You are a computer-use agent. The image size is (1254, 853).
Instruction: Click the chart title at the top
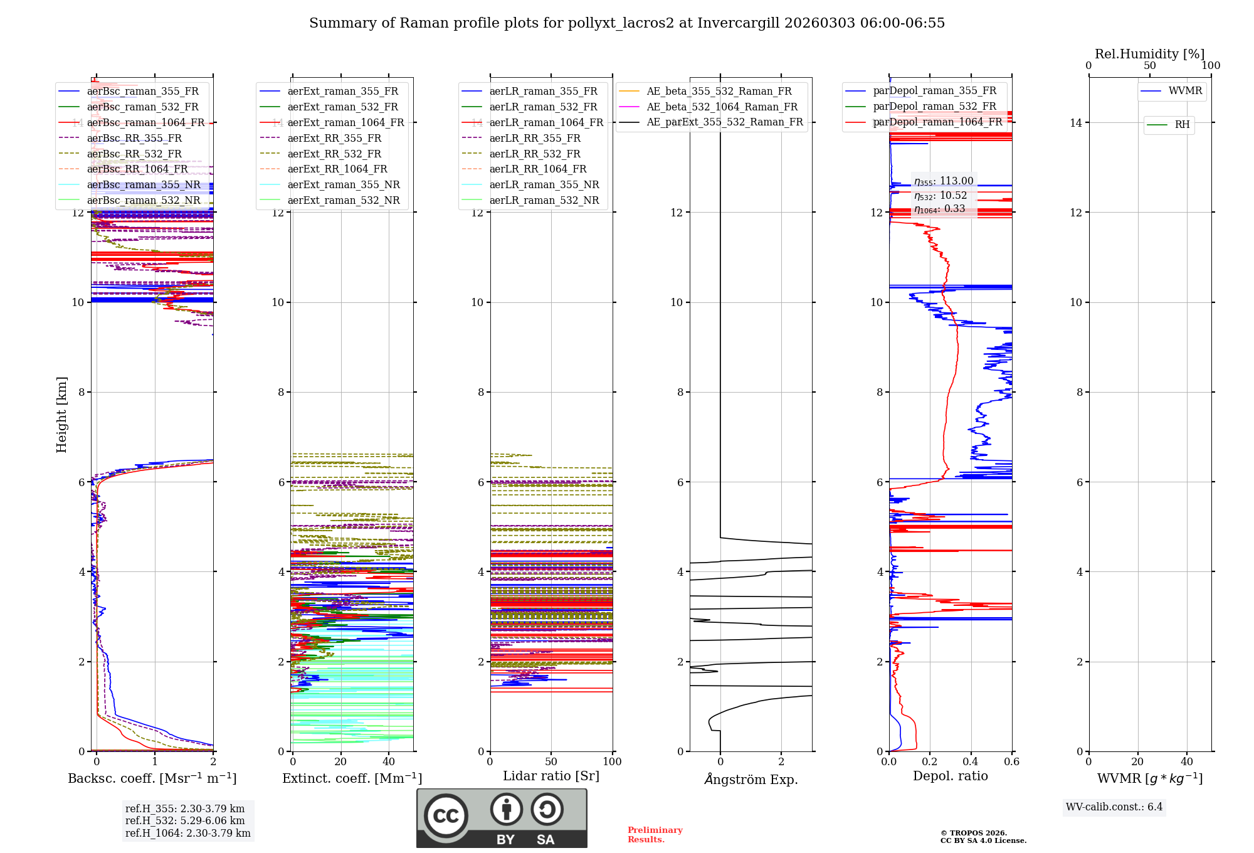click(626, 23)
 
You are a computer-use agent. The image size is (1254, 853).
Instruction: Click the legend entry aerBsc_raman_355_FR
click(142, 92)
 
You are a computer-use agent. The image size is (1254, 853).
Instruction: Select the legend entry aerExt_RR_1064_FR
click(337, 169)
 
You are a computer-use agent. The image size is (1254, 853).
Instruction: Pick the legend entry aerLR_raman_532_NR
click(544, 201)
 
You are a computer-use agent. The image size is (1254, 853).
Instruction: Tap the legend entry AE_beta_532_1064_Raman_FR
click(722, 107)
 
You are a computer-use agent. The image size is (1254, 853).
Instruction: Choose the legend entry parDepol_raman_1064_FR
click(937, 122)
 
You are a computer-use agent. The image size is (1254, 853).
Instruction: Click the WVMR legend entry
click(1184, 91)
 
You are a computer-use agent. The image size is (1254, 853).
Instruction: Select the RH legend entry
click(1182, 125)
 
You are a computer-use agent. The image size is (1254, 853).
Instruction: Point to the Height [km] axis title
click(61, 414)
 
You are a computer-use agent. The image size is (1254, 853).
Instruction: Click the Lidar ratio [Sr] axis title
click(551, 776)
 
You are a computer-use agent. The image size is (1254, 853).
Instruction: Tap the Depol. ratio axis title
click(950, 776)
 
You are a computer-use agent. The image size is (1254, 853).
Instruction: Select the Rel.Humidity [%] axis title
click(1149, 54)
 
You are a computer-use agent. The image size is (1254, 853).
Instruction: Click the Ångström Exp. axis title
click(751, 780)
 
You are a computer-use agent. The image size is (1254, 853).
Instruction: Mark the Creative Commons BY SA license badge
click(502, 818)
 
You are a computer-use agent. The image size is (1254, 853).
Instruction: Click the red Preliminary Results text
click(655, 835)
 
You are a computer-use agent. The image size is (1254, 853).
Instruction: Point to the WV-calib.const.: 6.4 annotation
click(1114, 807)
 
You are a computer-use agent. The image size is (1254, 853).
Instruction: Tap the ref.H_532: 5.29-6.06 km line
click(185, 821)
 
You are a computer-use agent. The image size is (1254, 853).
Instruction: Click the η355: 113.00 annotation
click(944, 181)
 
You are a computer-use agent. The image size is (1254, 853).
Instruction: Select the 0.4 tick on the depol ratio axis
click(971, 762)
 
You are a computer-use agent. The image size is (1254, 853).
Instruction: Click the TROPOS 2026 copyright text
click(983, 837)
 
